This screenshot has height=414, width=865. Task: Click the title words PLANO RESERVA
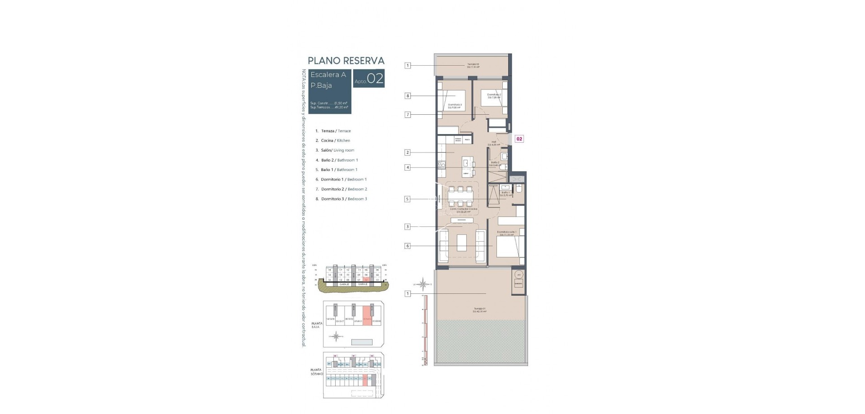(346, 61)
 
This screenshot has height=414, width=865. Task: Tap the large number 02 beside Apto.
(375, 79)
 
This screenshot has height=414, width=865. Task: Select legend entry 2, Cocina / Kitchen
(336, 140)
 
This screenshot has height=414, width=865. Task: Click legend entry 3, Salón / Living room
(337, 150)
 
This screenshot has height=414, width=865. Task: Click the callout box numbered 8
(408, 96)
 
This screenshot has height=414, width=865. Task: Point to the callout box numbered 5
(408, 199)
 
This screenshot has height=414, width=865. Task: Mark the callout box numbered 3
(408, 227)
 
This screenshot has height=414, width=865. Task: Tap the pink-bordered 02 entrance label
(519, 139)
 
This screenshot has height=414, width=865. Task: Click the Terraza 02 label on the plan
(473, 65)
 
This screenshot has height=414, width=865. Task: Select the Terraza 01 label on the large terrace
(479, 310)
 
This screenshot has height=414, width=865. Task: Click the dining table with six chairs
(460, 196)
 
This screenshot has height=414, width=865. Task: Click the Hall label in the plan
(494, 143)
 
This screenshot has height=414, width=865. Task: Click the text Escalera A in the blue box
(328, 75)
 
